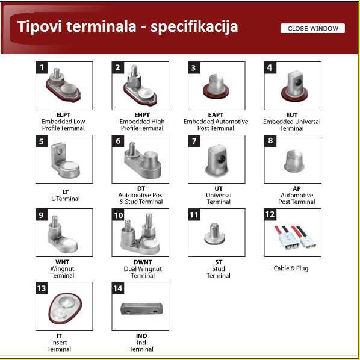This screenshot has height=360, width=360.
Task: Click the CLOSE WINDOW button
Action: click(x=312, y=28)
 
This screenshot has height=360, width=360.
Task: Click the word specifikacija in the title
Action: click(x=194, y=27)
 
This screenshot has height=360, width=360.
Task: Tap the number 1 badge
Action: click(x=42, y=67)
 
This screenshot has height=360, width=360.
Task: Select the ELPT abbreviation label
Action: click(x=63, y=114)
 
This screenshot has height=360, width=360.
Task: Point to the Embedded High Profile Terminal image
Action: click(x=140, y=85)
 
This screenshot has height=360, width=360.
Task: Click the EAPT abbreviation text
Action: click(x=216, y=114)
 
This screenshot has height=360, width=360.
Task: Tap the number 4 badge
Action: click(x=270, y=67)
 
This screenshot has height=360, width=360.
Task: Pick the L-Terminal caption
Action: click(x=66, y=199)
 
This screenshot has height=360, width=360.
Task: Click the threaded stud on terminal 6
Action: click(x=132, y=148)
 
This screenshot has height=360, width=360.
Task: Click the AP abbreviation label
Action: click(x=297, y=188)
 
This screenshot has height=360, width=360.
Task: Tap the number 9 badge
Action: click(x=42, y=215)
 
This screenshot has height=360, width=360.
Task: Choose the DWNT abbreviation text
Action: click(x=143, y=262)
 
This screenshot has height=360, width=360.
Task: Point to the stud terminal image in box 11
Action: click(x=214, y=234)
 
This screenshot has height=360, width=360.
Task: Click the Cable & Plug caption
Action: click(x=291, y=268)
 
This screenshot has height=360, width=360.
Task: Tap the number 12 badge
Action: click(x=270, y=214)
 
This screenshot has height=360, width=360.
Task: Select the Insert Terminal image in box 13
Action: click(x=65, y=308)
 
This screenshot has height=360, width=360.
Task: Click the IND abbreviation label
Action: click(x=141, y=336)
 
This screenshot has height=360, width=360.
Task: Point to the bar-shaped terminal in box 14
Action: click(x=142, y=309)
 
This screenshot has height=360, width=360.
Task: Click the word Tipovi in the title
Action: click(x=40, y=27)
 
